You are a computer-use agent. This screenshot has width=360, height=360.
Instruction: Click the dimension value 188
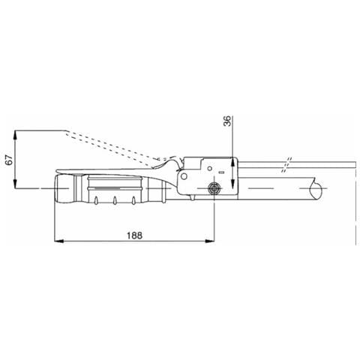point(134,235)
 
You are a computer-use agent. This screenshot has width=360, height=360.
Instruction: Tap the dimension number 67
point(9,160)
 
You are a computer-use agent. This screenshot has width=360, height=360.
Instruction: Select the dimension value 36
point(227,121)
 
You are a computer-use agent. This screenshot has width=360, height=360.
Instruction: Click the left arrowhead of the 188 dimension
point(59,241)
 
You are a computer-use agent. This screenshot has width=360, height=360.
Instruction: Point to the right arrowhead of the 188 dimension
point(210,241)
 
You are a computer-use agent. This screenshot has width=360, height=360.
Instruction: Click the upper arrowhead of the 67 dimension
point(15,135)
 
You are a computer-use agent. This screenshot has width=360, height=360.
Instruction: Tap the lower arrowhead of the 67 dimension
point(15,183)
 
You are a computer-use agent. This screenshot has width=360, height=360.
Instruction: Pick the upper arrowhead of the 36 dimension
point(232,162)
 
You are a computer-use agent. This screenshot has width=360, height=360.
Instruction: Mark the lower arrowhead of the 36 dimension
point(232,183)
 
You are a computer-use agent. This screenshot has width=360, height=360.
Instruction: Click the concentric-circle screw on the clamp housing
point(214,188)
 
